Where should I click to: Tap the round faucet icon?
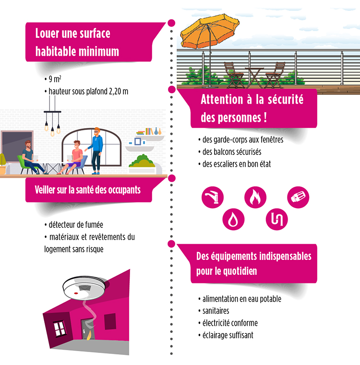click(213, 197)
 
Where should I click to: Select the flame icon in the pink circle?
click(255, 197)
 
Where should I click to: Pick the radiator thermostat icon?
click(298, 197)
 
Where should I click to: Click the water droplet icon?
click(233, 219)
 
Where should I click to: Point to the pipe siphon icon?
click(277, 219)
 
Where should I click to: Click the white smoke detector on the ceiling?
click(84, 288)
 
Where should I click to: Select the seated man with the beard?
click(32, 157)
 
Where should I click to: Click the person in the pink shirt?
click(73, 157)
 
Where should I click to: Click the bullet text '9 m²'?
click(53, 79)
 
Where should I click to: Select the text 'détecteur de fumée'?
click(73, 224)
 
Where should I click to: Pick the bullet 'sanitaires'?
click(214, 311)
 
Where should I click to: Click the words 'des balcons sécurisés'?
click(230, 152)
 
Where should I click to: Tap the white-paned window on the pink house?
click(60, 329)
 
